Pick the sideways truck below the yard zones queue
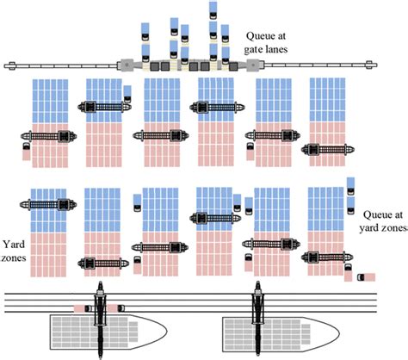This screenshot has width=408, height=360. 365,276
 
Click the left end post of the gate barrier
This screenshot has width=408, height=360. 11,65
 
